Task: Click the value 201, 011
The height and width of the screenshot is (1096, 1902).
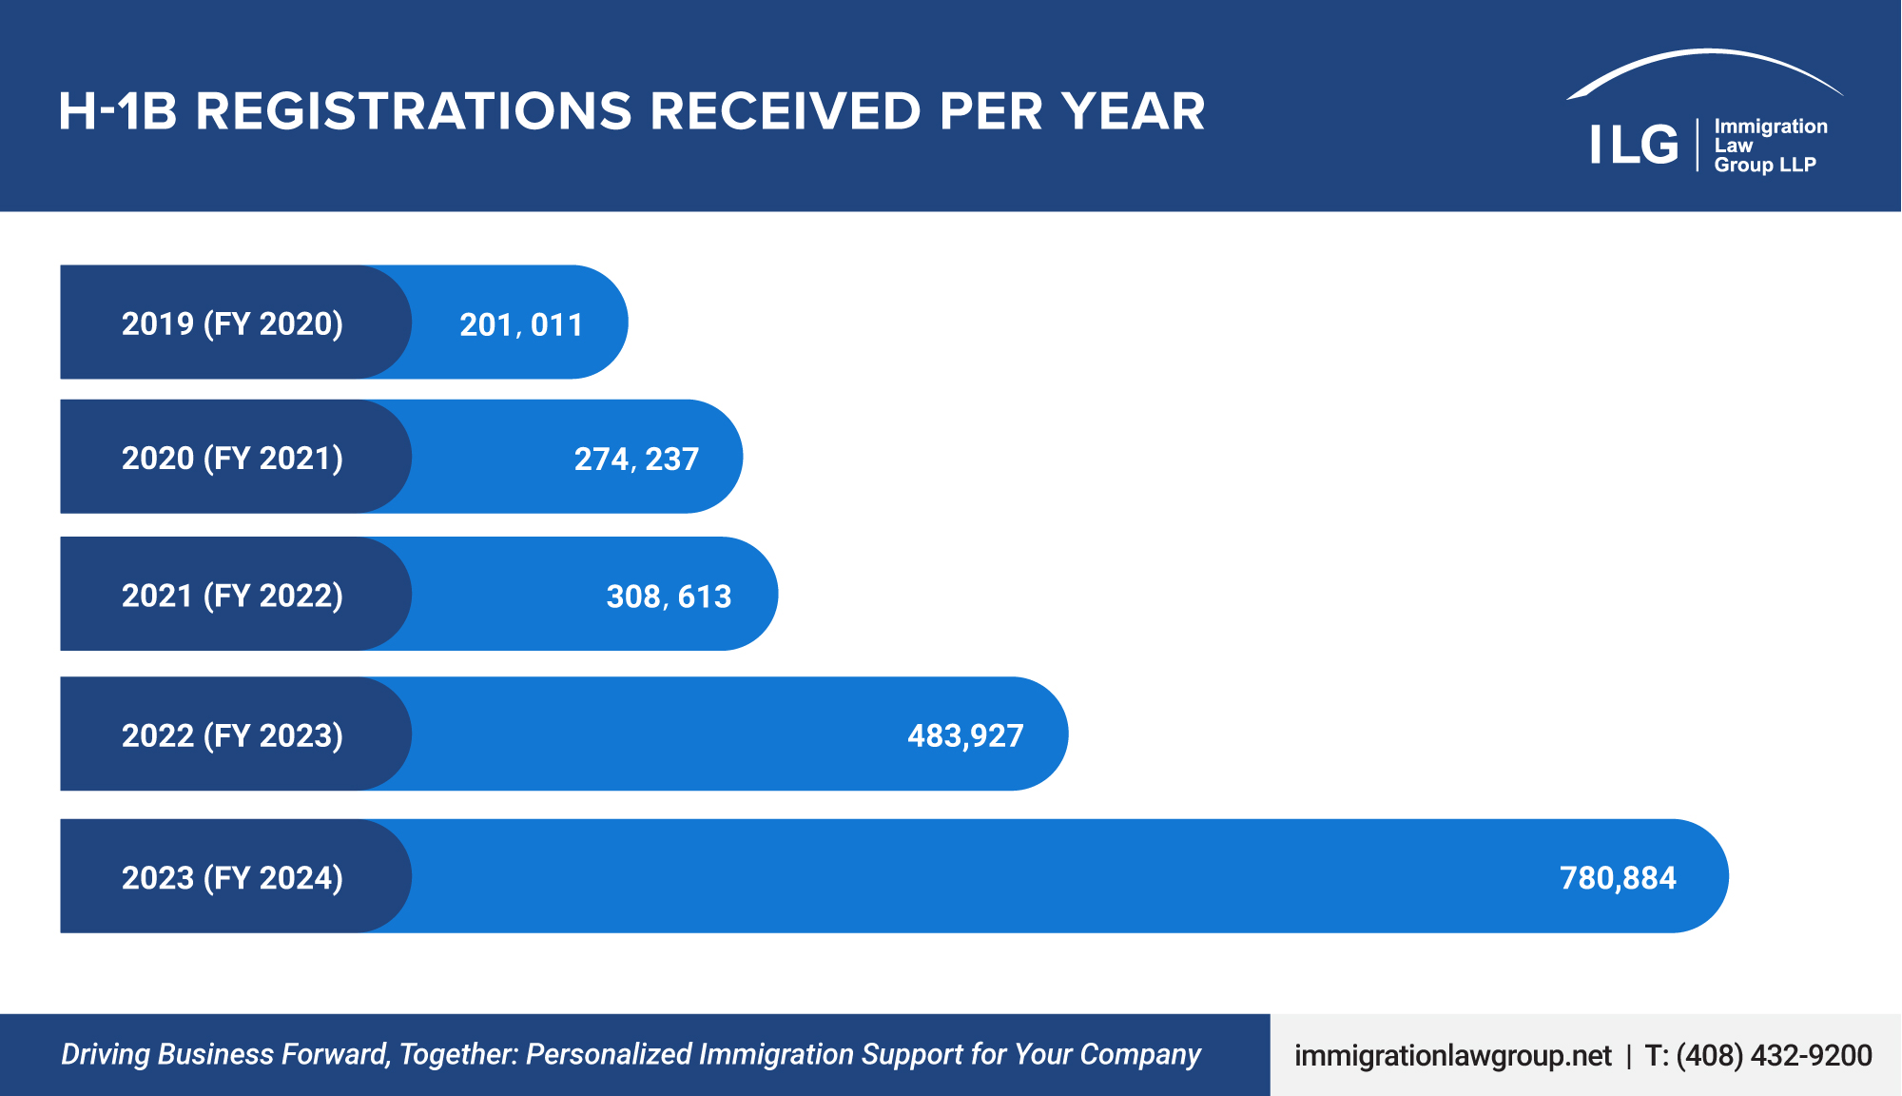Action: point(521,324)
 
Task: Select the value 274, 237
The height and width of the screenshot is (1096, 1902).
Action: point(636,459)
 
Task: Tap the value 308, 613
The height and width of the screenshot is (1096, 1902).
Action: point(669,597)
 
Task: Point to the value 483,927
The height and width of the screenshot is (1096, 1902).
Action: point(965,735)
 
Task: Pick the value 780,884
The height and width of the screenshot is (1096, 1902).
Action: point(1618,877)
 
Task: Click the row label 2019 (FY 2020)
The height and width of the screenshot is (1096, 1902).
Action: point(232,323)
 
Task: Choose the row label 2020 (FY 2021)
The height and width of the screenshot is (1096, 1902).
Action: point(232,458)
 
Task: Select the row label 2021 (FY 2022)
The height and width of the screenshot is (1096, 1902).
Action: point(232,596)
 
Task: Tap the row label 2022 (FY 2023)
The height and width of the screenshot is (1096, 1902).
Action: point(232,735)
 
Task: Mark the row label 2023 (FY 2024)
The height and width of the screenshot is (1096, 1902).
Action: point(232,877)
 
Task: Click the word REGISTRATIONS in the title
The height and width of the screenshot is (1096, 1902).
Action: point(414,111)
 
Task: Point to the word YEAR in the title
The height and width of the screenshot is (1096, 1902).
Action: point(1134,111)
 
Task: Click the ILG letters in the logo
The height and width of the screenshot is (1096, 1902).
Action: point(1634,145)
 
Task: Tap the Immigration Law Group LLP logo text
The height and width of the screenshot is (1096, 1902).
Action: point(1770,146)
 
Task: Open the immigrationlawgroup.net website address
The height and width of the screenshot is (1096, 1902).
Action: point(1452,1055)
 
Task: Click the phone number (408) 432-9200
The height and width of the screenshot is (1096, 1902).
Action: point(1774,1055)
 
